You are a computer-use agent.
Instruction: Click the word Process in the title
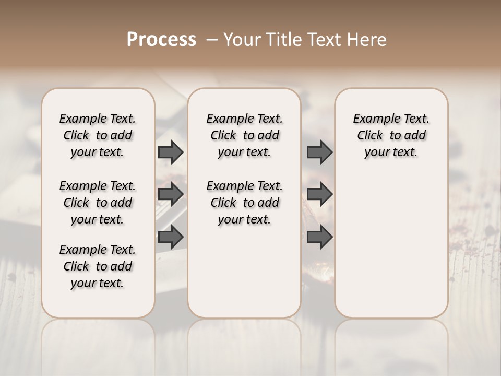click(x=161, y=40)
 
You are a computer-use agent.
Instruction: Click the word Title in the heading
click(x=285, y=40)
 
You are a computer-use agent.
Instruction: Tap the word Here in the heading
click(x=367, y=40)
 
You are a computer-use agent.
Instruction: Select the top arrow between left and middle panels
click(x=171, y=152)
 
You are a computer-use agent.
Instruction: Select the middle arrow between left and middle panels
click(x=171, y=195)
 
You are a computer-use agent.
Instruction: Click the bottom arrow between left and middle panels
click(x=171, y=237)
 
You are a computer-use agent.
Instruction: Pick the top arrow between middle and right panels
click(x=319, y=152)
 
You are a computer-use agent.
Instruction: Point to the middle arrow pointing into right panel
click(x=319, y=195)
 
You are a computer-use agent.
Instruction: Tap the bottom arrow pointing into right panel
click(x=319, y=237)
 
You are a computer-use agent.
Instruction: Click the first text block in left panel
click(x=98, y=135)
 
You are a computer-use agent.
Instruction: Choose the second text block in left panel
click(x=98, y=203)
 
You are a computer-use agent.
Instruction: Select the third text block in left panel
click(x=98, y=266)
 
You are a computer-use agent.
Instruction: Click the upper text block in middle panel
click(x=244, y=135)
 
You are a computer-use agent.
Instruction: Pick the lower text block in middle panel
click(x=244, y=203)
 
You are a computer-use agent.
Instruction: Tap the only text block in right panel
click(x=391, y=135)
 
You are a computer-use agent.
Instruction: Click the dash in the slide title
click(x=212, y=40)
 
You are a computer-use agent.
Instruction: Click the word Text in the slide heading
click(x=327, y=40)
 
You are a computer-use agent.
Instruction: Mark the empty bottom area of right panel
click(x=391, y=251)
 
